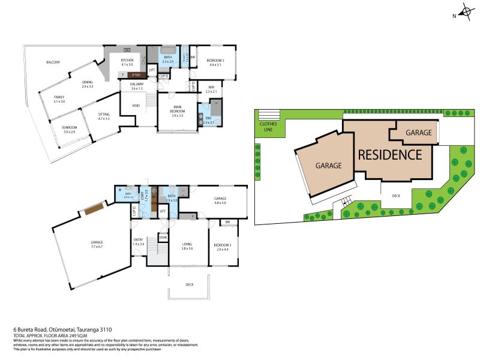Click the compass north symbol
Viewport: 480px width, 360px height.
465,11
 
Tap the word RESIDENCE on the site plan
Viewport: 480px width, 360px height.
390,154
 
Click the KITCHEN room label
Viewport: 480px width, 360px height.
127,61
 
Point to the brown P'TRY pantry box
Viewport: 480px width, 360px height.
137,75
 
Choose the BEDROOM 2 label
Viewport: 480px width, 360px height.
215,61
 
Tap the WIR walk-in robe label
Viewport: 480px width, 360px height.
210,88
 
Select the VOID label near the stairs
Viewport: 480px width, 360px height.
136,106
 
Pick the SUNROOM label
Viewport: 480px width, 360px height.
70,128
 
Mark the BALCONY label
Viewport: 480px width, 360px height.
53,62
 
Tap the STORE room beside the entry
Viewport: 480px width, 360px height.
163,238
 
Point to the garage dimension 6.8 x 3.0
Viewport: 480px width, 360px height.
220,203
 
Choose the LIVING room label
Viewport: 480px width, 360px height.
187,244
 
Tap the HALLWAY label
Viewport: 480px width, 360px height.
136,85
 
